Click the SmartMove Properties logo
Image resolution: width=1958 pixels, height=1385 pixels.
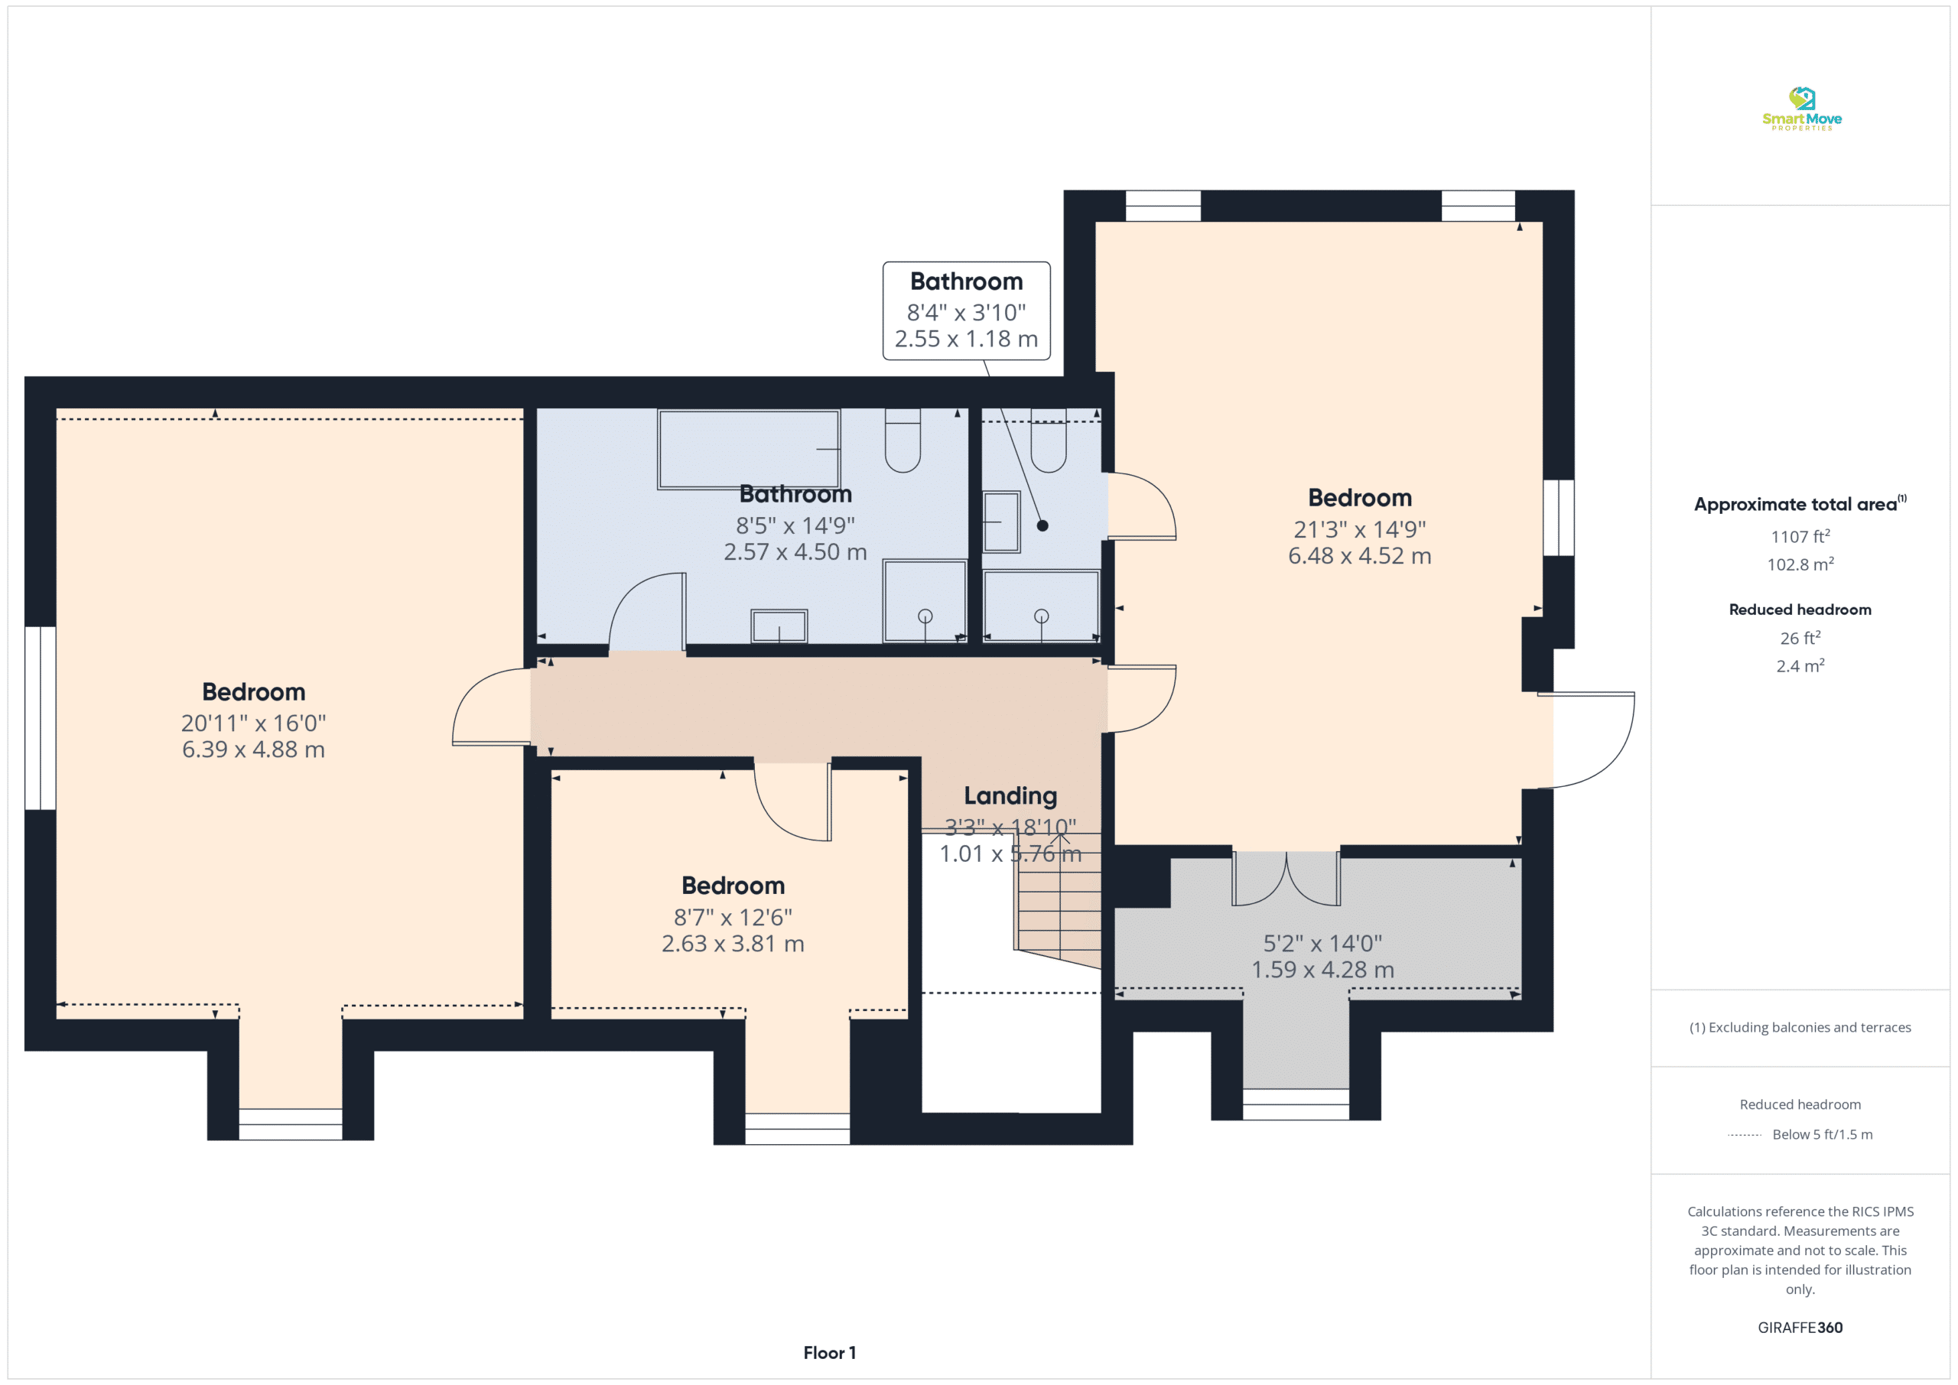pyautogui.click(x=1801, y=109)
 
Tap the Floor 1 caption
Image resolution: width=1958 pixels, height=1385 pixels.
pyautogui.click(x=829, y=1353)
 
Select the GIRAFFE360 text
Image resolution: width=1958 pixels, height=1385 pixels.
pyautogui.click(x=1800, y=1327)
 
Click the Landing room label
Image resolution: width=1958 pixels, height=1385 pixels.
pyautogui.click(x=1010, y=795)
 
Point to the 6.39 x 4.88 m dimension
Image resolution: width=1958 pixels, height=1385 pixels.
pyautogui.click(x=253, y=749)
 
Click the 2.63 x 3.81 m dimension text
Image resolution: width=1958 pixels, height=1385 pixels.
pyautogui.click(x=733, y=943)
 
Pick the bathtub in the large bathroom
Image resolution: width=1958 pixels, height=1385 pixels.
pyautogui.click(x=749, y=450)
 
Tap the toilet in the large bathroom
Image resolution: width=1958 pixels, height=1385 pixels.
pyautogui.click(x=903, y=440)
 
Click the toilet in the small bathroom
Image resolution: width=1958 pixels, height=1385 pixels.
pyautogui.click(x=1048, y=440)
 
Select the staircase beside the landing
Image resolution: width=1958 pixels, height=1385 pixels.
pyautogui.click(x=1058, y=899)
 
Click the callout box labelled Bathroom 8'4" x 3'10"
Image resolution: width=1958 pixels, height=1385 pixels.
pyautogui.click(x=966, y=310)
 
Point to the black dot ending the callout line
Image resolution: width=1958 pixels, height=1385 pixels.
pyautogui.click(x=1042, y=525)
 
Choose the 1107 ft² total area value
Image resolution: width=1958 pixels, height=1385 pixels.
pyautogui.click(x=1800, y=536)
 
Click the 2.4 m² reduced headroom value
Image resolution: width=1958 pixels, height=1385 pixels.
pyautogui.click(x=1800, y=665)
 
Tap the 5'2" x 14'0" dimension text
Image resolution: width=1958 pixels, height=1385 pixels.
pyautogui.click(x=1322, y=943)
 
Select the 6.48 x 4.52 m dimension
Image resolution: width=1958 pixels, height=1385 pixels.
pyautogui.click(x=1359, y=556)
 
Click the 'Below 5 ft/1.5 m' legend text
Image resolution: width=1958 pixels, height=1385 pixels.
pyautogui.click(x=1823, y=1134)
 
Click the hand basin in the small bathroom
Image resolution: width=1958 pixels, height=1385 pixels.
pyautogui.click(x=1001, y=522)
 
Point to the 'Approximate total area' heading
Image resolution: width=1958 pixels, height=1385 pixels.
pyautogui.click(x=1795, y=504)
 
